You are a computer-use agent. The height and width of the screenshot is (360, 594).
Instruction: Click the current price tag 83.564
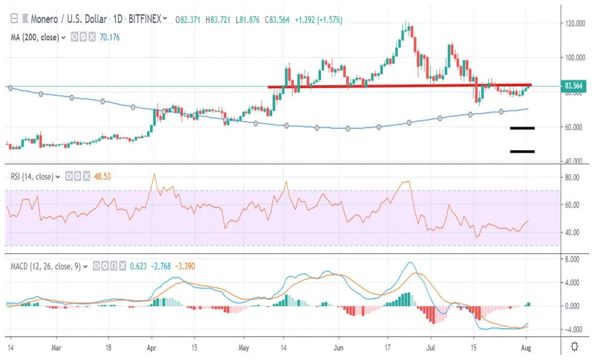[574, 87]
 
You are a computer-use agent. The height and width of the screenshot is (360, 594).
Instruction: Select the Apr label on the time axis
[151, 347]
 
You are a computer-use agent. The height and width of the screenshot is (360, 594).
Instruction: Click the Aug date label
[525, 347]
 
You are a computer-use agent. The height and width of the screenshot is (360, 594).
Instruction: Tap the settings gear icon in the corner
[575, 347]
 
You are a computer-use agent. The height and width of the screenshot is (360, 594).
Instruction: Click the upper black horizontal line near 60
[522, 128]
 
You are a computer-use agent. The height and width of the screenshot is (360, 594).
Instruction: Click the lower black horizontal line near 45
[522, 151]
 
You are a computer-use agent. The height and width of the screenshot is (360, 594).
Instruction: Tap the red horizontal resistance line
[399, 86]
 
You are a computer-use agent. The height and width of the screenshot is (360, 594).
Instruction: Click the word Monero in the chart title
[45, 19]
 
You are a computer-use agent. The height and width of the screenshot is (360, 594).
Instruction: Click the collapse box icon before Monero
[14, 19]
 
